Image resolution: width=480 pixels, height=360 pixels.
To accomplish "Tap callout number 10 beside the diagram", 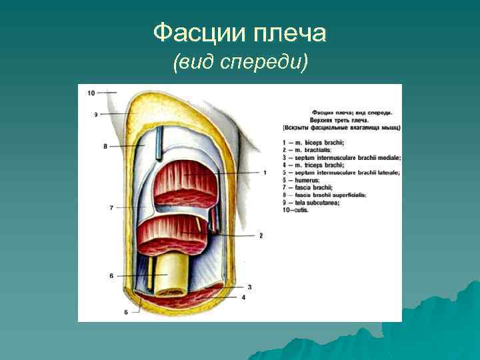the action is (91, 92).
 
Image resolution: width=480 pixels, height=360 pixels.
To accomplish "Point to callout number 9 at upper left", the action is (96, 115).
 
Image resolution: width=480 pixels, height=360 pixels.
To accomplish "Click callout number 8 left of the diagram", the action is (105, 145).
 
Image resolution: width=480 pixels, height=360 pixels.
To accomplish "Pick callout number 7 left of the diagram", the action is (111, 208).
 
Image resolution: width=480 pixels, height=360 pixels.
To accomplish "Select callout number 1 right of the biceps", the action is (265, 173).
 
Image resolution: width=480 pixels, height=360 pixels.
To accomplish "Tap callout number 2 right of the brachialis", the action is (261, 235).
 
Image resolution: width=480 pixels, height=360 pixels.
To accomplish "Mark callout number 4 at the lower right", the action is (243, 297).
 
